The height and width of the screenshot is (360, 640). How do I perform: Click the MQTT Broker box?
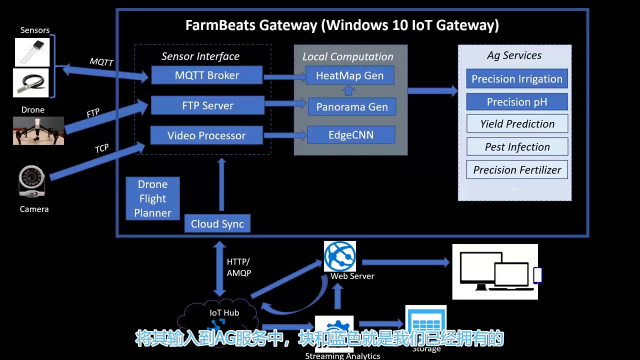207,75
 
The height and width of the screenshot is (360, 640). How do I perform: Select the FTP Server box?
207,106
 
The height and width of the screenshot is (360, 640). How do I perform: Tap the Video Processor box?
206,135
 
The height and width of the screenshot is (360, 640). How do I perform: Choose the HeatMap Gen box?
350,76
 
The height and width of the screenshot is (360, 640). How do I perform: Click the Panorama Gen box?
351,107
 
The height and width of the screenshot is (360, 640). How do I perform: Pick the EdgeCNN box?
351,135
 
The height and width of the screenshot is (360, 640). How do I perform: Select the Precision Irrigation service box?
517,79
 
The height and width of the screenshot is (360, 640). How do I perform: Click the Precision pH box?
517,102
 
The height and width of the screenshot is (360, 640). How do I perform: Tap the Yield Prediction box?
517,124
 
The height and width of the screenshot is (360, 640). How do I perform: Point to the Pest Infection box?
517,147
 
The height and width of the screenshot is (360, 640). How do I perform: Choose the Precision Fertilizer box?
517,170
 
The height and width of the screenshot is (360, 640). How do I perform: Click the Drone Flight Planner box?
152,198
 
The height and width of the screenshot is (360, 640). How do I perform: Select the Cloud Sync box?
217,224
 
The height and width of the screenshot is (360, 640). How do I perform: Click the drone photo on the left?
38,131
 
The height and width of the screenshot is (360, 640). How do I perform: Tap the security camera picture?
32,182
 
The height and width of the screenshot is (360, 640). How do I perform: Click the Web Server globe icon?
340,256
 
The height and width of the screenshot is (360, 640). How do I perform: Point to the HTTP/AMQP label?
238,267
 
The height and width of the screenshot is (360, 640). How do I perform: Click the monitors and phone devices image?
495,272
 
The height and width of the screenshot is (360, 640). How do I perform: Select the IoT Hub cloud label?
224,313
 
